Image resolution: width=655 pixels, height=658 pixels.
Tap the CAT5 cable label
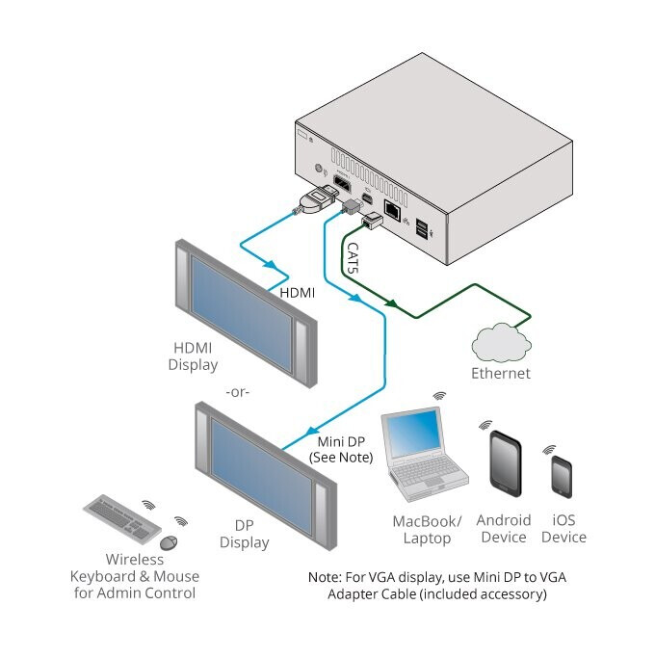[354, 259]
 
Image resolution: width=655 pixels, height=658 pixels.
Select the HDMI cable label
[297, 290]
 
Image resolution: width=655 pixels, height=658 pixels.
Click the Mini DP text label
[340, 440]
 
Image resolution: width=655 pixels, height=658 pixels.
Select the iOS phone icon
[561, 476]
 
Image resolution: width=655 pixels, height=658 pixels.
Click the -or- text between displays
[237, 393]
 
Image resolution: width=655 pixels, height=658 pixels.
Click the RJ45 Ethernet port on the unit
[393, 209]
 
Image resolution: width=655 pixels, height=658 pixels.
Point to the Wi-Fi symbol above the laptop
[439, 396]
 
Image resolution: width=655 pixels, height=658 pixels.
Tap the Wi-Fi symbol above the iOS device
[549, 450]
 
